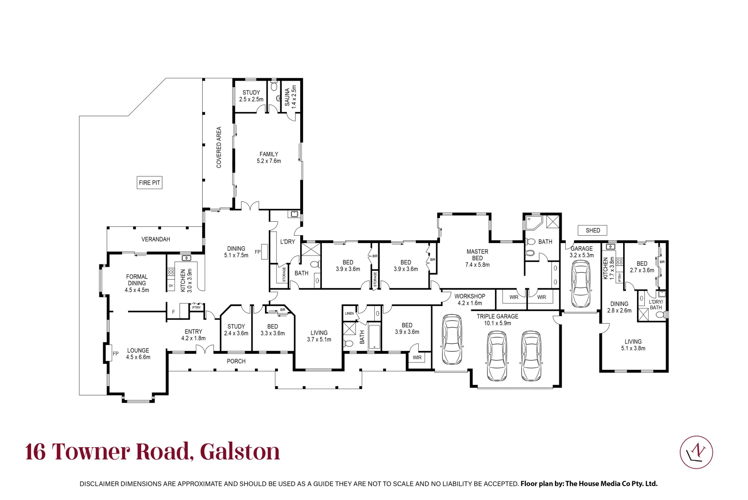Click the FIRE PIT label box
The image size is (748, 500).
(149, 182)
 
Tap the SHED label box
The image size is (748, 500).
(593, 231)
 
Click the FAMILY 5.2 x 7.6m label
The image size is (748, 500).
(269, 157)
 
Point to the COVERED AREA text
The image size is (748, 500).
(219, 147)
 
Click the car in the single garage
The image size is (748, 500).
(581, 284)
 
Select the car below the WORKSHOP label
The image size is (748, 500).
(452, 339)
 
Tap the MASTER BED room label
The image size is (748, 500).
(477, 258)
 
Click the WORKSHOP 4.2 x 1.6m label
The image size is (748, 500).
(470, 300)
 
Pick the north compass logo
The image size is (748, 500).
(696, 452)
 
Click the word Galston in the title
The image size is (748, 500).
(240, 452)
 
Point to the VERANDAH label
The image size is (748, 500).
(155, 239)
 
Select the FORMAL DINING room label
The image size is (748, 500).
(137, 283)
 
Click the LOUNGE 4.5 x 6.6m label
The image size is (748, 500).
(138, 354)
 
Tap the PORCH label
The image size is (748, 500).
(236, 361)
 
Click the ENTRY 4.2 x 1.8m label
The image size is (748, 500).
(193, 335)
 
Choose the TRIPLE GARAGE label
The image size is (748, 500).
(497, 319)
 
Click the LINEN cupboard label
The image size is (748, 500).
(349, 313)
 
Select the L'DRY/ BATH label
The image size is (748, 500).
(655, 305)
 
